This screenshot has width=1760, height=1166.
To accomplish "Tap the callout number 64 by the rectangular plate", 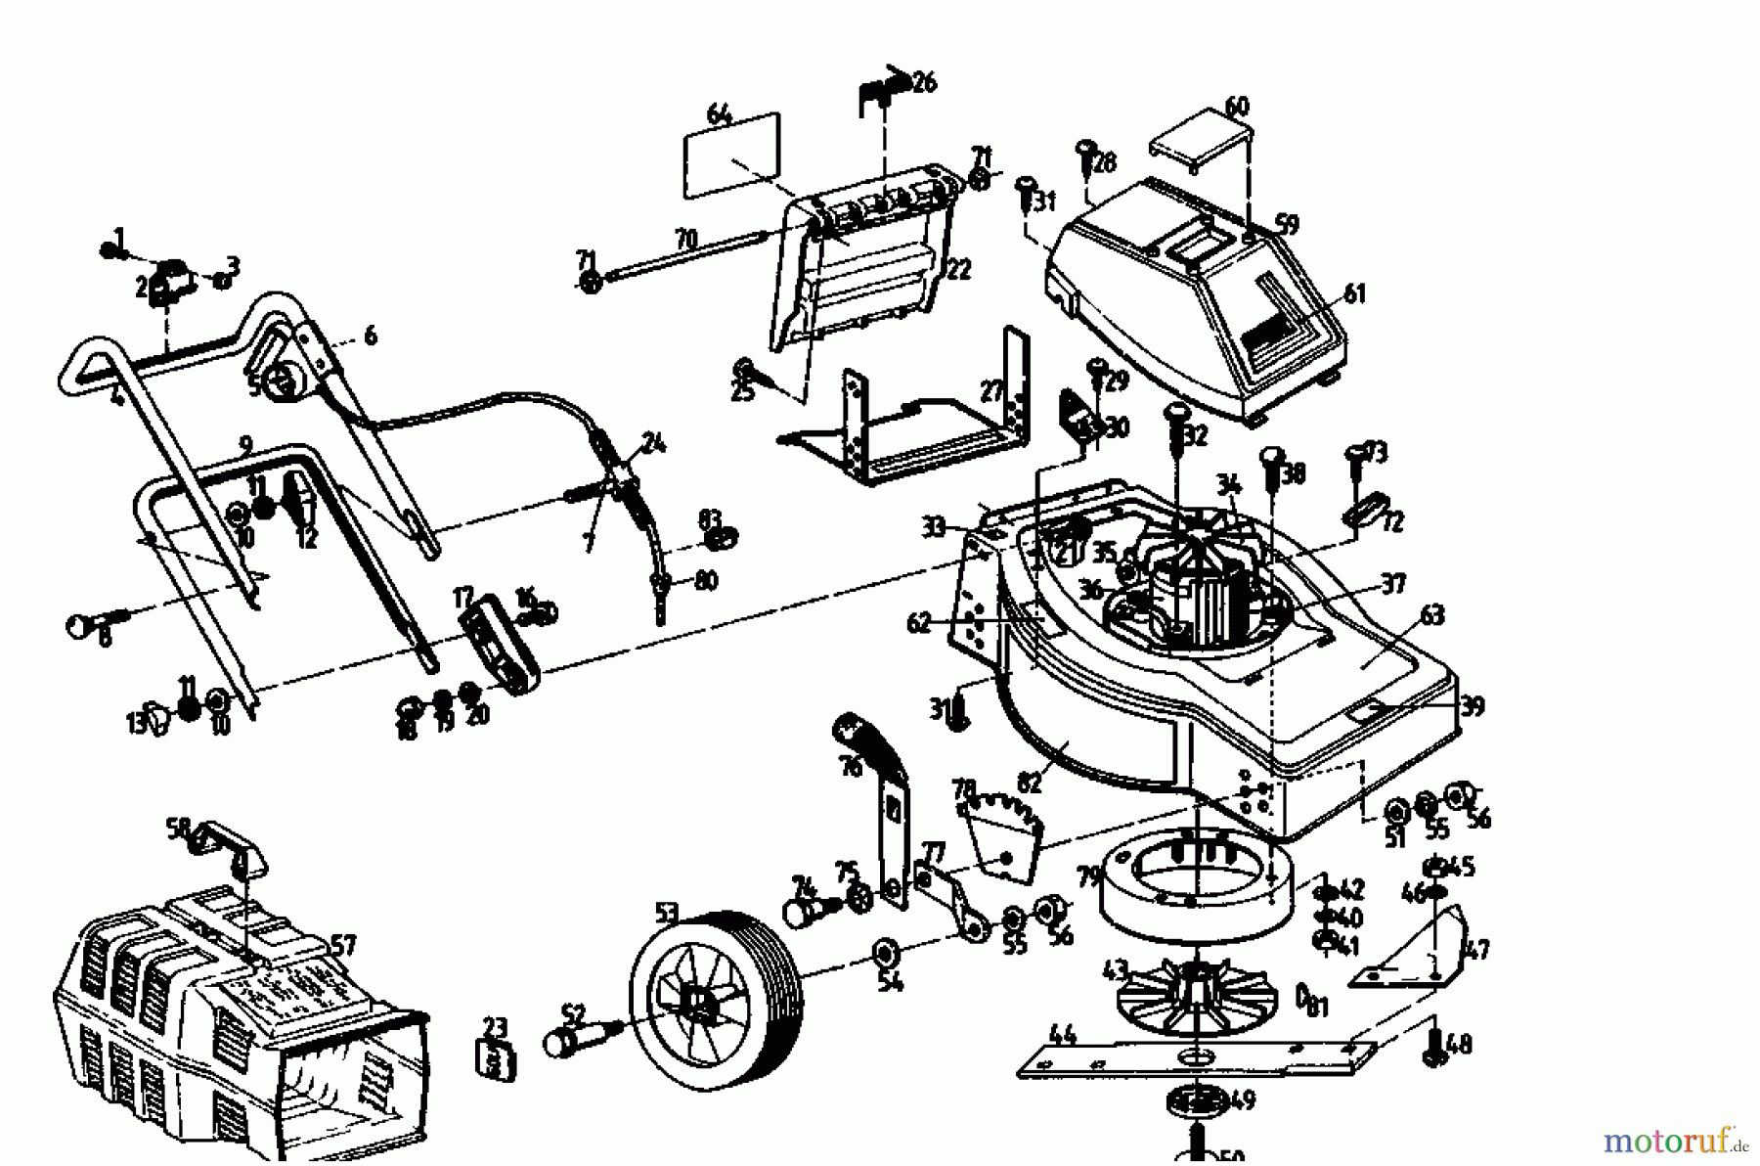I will (x=719, y=115).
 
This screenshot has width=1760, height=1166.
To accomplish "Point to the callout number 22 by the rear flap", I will (x=959, y=269).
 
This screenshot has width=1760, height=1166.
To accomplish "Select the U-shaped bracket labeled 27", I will (x=909, y=430).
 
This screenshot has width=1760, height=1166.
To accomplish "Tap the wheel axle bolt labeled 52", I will (x=577, y=1037).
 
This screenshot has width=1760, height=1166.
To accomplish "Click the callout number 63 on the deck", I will (x=1431, y=616).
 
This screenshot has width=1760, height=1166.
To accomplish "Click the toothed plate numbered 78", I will (x=1002, y=831).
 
